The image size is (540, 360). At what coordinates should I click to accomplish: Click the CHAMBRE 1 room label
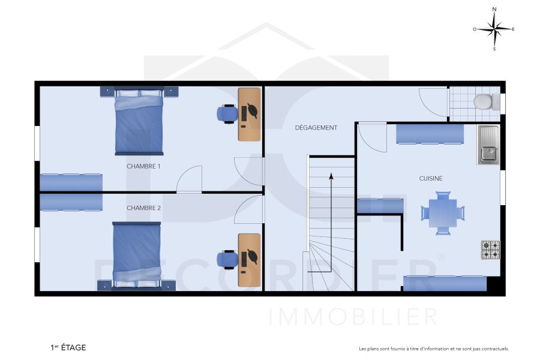(143, 166)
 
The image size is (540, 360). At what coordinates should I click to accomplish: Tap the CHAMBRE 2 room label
(143, 208)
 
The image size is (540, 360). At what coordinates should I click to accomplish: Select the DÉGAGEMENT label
(316, 128)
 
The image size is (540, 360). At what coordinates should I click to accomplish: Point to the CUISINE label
(430, 178)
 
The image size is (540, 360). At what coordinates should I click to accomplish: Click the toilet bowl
(482, 101)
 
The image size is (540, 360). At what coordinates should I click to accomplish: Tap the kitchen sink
(488, 145)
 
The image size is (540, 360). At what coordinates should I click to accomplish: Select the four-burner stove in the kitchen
(490, 250)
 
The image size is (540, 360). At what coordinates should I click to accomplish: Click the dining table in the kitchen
(443, 212)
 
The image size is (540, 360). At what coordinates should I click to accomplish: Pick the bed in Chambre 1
(139, 122)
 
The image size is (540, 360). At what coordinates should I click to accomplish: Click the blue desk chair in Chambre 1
(227, 113)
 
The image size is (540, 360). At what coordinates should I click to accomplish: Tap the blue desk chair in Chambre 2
(227, 258)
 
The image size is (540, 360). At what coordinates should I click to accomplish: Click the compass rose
(494, 28)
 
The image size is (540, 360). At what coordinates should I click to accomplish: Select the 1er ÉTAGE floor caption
(68, 347)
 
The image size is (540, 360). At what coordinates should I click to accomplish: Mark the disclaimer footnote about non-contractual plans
(433, 349)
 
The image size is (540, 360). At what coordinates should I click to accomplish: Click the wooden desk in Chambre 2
(250, 259)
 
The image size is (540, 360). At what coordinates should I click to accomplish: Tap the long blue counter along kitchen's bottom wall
(444, 283)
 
